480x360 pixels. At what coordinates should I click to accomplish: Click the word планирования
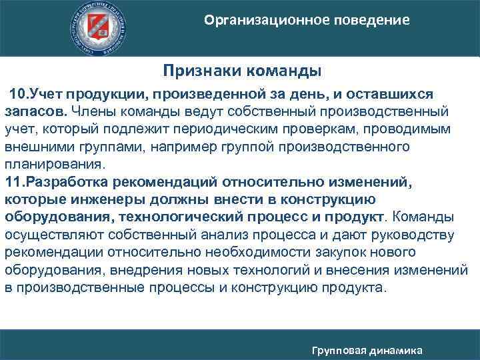pyautogui.click(x=54, y=164)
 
